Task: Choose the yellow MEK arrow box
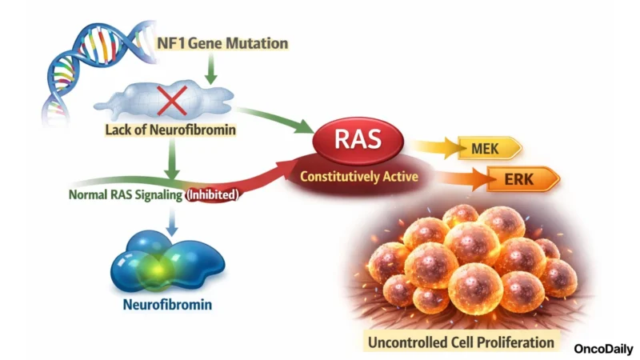[x=490, y=148]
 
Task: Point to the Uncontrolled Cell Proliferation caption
[x=460, y=342]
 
